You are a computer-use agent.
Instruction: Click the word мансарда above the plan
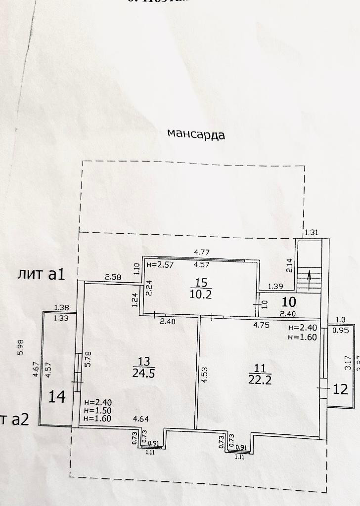pyautogui.click(x=196, y=134)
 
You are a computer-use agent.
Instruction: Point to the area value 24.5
pyautogui.click(x=144, y=374)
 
